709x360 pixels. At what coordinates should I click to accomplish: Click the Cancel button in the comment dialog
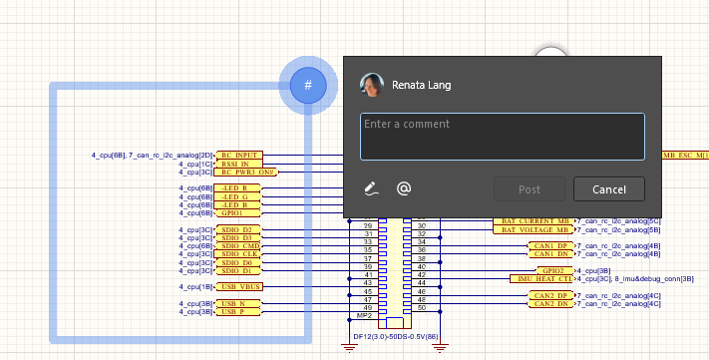tap(608, 189)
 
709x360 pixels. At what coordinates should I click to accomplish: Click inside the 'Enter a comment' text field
tap(502, 137)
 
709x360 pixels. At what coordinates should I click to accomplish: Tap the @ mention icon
tap(404, 188)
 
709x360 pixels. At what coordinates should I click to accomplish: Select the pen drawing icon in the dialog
tap(371, 188)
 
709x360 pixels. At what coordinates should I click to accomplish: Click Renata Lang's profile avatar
tap(371, 86)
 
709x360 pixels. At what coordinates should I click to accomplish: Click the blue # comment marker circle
tap(308, 86)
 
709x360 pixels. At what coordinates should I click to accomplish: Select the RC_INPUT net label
tap(239, 156)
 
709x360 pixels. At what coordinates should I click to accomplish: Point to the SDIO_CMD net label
tap(239, 245)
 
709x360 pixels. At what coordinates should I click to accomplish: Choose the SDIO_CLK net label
tap(239, 253)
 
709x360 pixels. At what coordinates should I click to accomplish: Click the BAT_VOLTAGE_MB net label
tap(534, 229)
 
